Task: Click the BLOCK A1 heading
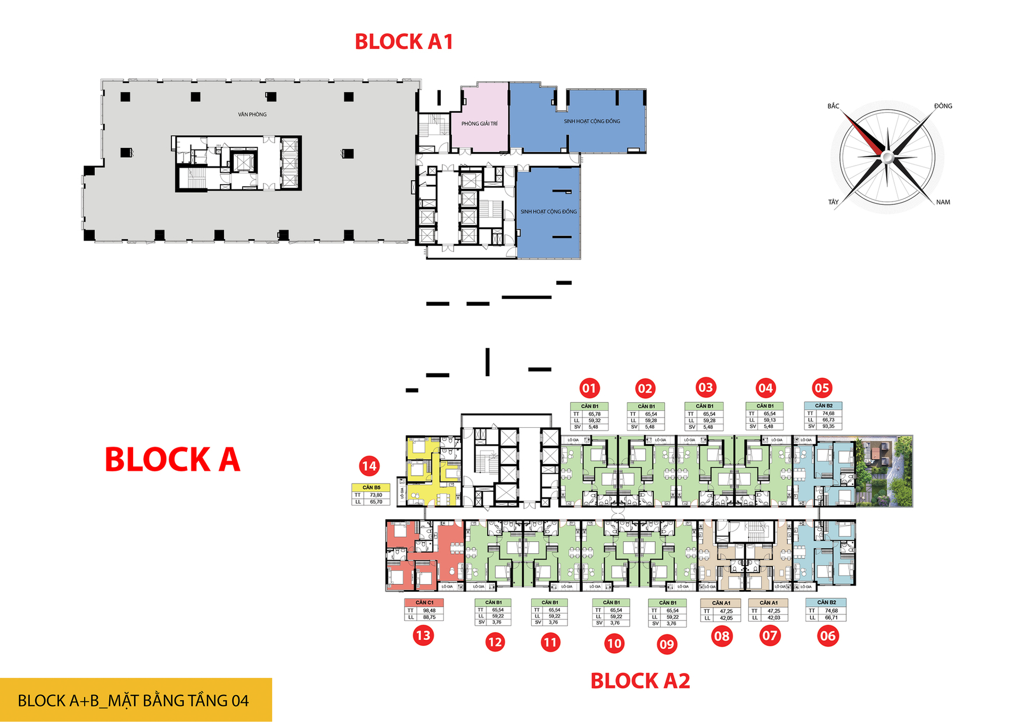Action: pos(403,42)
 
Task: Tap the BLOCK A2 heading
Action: pos(640,681)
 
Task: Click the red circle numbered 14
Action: pos(369,466)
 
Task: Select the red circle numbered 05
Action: pos(821,388)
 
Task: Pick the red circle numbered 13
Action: pos(423,635)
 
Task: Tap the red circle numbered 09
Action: pos(666,644)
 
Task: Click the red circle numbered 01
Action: pos(589,388)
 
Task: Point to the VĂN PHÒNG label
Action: pos(252,114)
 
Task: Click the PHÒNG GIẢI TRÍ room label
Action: pos(479,124)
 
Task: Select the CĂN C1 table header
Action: pos(424,602)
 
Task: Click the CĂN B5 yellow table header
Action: pos(371,487)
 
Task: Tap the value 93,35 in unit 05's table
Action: pos(828,426)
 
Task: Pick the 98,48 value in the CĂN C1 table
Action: pos(429,610)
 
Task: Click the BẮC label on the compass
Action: pos(833,106)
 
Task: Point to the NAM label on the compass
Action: pos(943,202)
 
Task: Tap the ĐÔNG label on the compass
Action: pos(943,106)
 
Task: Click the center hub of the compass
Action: pos(887,157)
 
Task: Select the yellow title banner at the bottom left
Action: pos(136,700)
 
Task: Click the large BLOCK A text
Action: pos(172,460)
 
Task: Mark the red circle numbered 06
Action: pos(828,636)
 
